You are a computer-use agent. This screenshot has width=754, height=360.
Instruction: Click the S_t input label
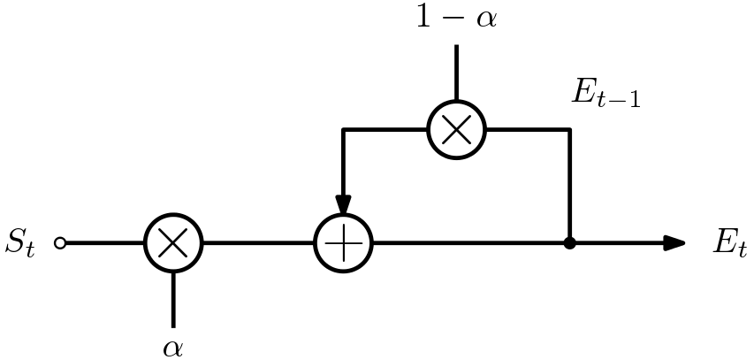pyautogui.click(x=19, y=243)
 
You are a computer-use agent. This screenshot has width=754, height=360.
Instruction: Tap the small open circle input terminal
pyautogui.click(x=60, y=242)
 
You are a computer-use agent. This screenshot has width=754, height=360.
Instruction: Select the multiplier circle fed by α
pyautogui.click(x=173, y=242)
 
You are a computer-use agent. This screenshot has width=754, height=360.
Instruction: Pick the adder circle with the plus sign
pyautogui.click(x=344, y=242)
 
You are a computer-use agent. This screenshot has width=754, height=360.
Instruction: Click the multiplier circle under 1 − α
pyautogui.click(x=456, y=129)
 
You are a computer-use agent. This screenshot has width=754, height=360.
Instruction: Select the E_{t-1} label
pyautogui.click(x=605, y=94)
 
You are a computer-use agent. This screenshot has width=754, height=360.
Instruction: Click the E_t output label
pyautogui.click(x=729, y=243)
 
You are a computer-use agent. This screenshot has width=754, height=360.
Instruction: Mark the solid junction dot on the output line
pyautogui.click(x=569, y=242)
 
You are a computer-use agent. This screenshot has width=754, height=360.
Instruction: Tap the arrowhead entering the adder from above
pyautogui.click(x=344, y=205)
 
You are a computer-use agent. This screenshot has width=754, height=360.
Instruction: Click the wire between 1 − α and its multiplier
pyautogui.click(x=456, y=73)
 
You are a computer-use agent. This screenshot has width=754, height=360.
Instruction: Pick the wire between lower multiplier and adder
pyautogui.click(x=258, y=242)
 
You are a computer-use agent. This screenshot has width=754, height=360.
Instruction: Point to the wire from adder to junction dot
pyautogui.click(x=468, y=242)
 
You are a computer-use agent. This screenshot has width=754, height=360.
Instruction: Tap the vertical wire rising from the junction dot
pyautogui.click(x=569, y=186)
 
